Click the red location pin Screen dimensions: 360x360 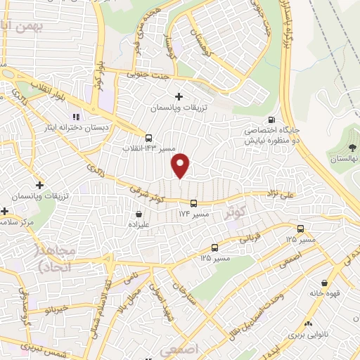point(181,165)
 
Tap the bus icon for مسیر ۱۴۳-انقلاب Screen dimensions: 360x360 point(148,138)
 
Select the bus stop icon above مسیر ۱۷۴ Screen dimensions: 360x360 point(193,203)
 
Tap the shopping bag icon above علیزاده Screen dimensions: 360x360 point(139,214)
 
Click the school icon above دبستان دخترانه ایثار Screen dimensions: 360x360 point(75,117)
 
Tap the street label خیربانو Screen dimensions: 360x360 point(54,307)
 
